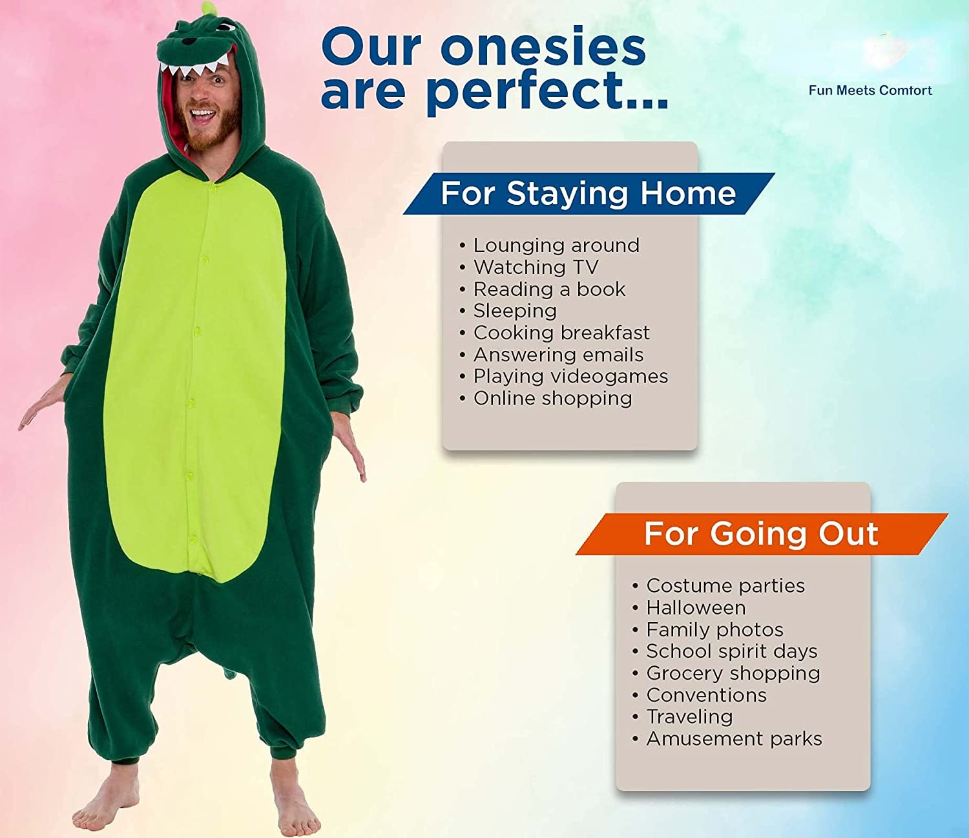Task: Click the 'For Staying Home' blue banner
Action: pyautogui.click(x=589, y=194)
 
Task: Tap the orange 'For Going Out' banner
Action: pyautogui.click(x=762, y=534)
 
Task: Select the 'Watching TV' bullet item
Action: pyautogui.click(x=536, y=267)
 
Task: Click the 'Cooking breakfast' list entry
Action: pyautogui.click(x=561, y=333)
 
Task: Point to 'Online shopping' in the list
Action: pyautogui.click(x=553, y=399)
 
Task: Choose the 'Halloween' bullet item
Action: pyautogui.click(x=696, y=608)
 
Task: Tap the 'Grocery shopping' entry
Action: pyautogui.click(x=733, y=673)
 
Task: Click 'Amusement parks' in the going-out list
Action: pyautogui.click(x=734, y=739)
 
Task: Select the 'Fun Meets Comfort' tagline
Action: pyautogui.click(x=871, y=90)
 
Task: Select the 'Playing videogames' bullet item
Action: pyautogui.click(x=570, y=377)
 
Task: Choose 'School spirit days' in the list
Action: pyautogui.click(x=732, y=651)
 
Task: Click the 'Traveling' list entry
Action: pyautogui.click(x=689, y=717)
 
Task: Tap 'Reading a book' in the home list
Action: pyautogui.click(x=550, y=289)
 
